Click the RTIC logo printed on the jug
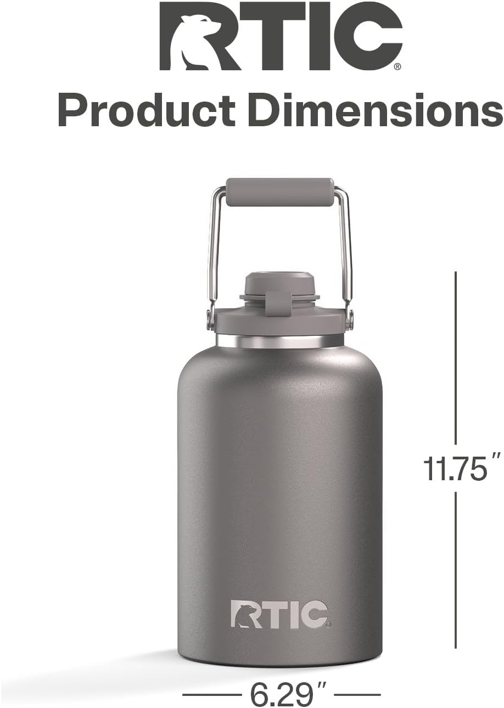click(279, 615)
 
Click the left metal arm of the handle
click(212, 247)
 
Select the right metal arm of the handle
click(346, 247)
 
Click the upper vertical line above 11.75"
click(456, 357)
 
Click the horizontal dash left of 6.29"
click(209, 695)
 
